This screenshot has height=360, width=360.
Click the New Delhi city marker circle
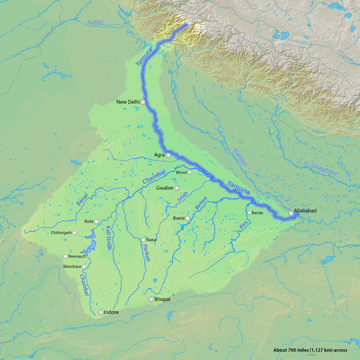point(143,102)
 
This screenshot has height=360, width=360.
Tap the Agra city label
point(159,155)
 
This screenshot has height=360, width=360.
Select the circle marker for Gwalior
point(177,188)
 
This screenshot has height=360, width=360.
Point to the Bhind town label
point(181,172)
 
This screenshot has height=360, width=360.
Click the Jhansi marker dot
point(188,218)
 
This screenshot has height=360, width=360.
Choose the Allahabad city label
point(305,211)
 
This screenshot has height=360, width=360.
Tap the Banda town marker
point(249,212)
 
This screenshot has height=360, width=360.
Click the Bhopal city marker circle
point(151,299)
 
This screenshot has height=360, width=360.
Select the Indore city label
point(111,312)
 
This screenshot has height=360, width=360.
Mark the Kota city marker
point(96,221)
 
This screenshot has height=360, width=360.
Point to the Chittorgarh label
point(61,233)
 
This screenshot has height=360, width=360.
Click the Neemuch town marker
point(66,256)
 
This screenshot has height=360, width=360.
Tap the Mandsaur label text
point(72,267)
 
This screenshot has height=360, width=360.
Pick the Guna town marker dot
point(143,240)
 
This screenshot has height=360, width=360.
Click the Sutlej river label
point(95,23)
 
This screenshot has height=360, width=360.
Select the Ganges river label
point(240,157)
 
